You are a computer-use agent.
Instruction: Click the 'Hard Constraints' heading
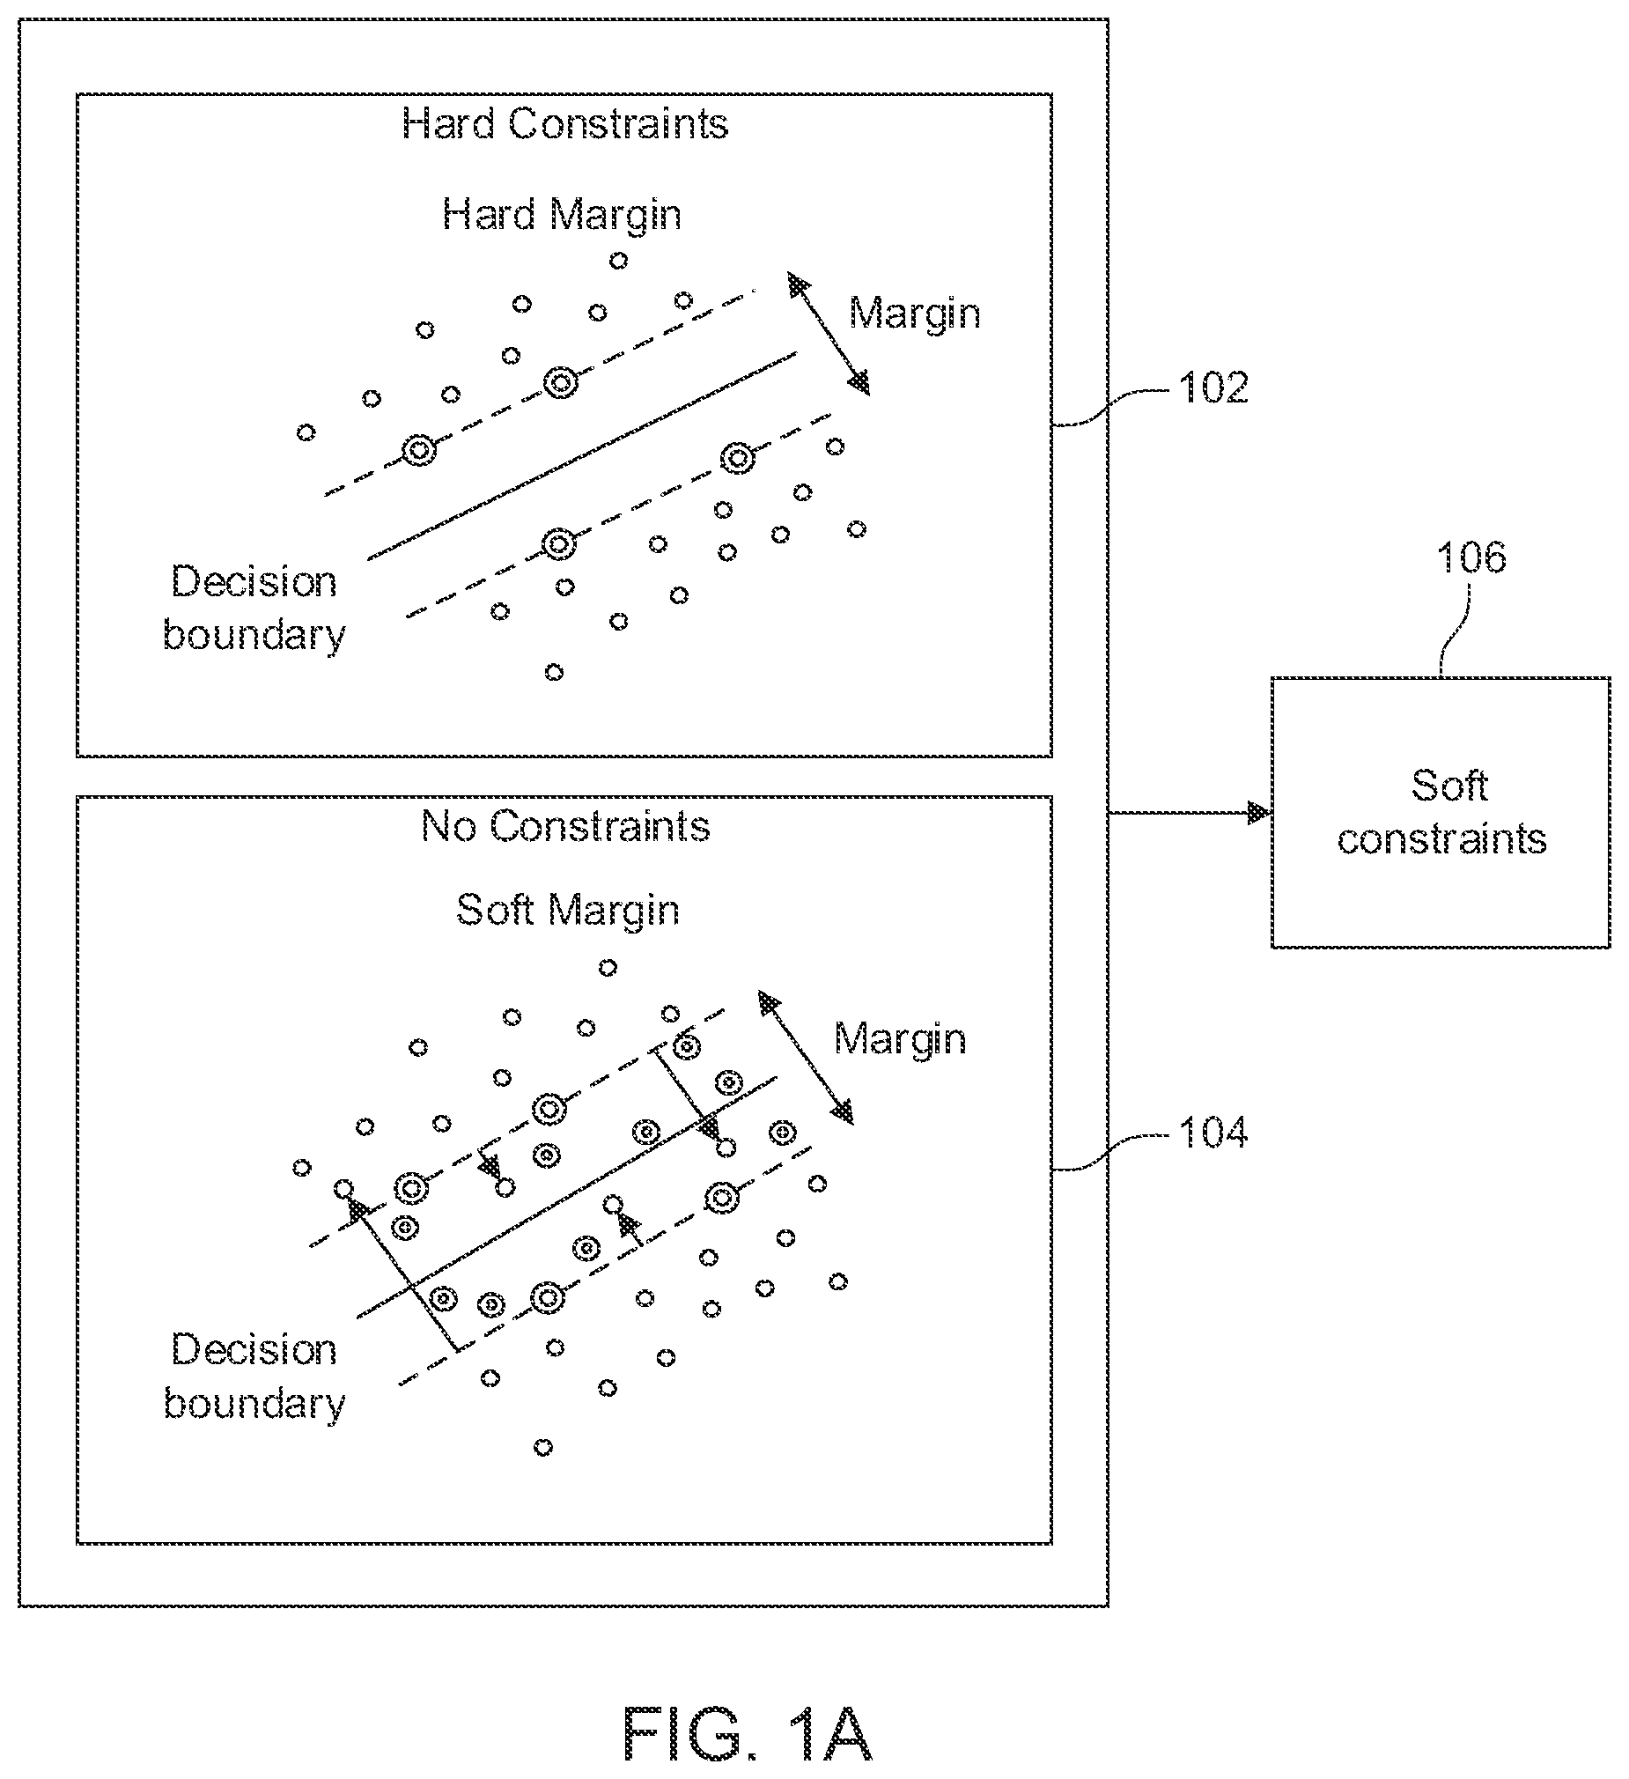[565, 123]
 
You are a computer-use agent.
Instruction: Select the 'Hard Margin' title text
[562, 215]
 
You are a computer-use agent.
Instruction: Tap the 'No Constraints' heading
[565, 827]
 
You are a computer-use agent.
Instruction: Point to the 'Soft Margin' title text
[568, 911]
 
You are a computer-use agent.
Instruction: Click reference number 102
[1213, 388]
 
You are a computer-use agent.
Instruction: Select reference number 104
[1213, 1133]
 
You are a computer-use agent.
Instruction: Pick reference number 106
[1471, 557]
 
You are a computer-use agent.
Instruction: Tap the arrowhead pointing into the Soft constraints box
[1259, 813]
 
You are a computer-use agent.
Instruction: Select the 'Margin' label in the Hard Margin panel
[915, 314]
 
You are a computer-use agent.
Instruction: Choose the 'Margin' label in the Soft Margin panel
[900, 1039]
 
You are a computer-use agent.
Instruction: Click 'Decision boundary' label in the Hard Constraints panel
[254, 609]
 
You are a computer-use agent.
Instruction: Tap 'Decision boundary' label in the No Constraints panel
[254, 1377]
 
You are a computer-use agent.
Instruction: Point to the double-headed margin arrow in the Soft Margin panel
[807, 1058]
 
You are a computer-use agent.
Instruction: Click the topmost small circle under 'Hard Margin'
[619, 261]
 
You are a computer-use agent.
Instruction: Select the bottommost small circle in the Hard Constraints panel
[554, 673]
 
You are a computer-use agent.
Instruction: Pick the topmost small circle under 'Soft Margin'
[608, 968]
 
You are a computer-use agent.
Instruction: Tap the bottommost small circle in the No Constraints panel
[543, 1447]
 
